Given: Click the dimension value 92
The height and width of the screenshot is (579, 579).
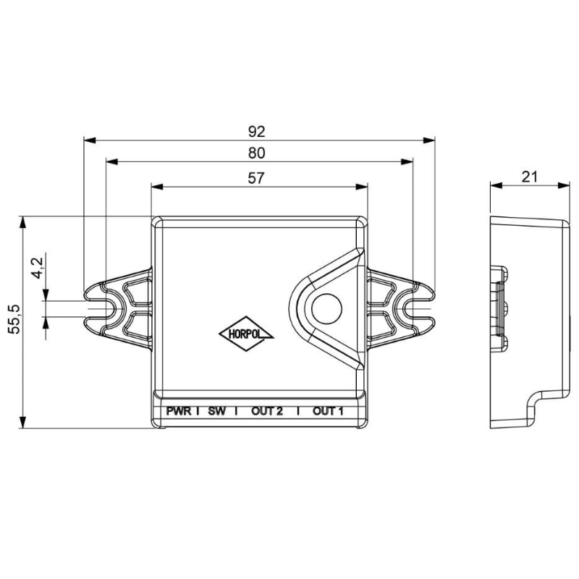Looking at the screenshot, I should point(257,132).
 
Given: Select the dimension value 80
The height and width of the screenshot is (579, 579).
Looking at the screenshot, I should point(257,153).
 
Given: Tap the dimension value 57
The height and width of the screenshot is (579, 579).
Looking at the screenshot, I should point(257,178).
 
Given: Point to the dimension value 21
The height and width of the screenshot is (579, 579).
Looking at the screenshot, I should point(530,176).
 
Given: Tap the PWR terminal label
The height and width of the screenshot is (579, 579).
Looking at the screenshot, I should point(178,412).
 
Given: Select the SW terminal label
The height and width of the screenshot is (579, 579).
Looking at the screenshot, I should point(216,412).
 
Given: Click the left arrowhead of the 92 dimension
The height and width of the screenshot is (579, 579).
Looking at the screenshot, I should point(88,140).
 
